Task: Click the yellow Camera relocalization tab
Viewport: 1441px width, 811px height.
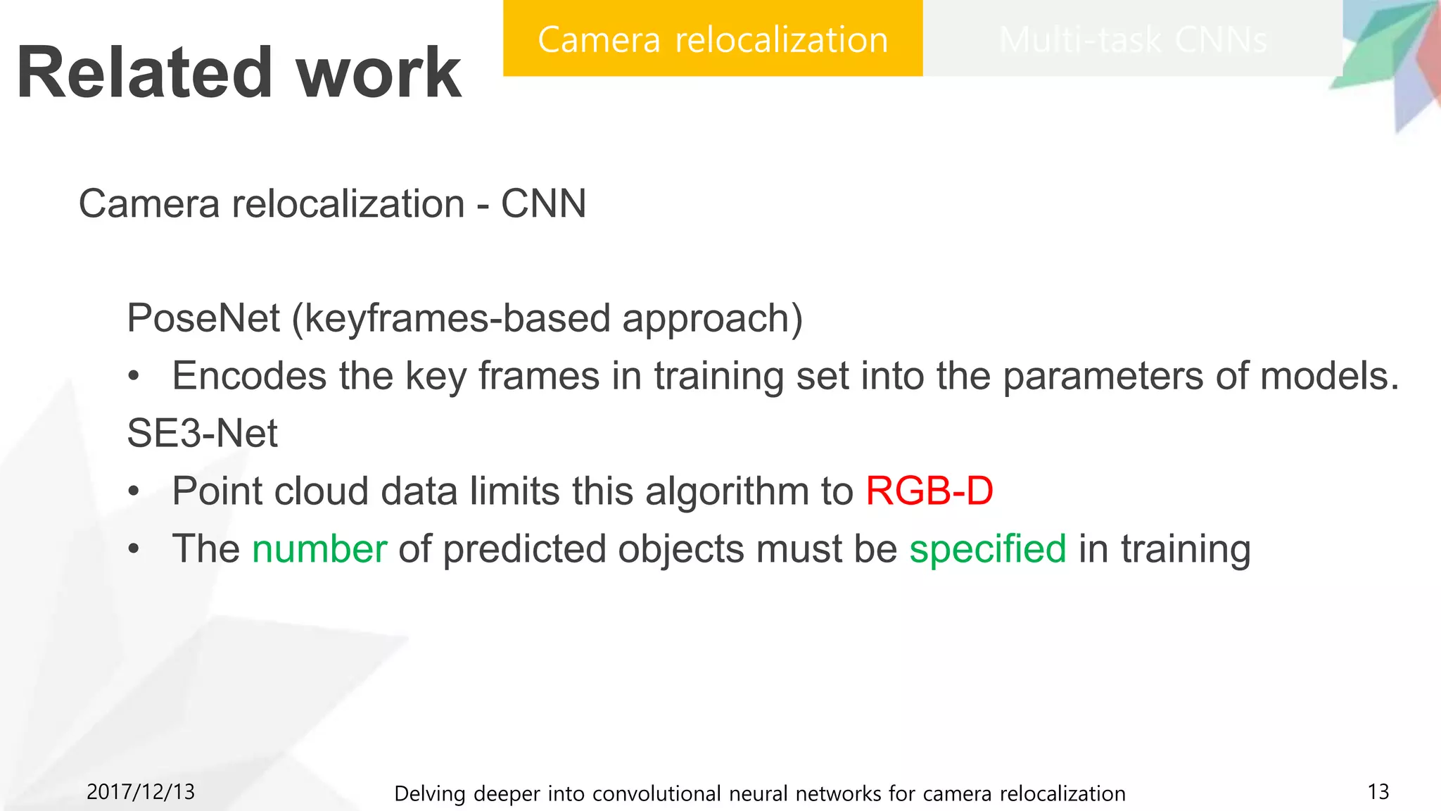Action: pos(712,39)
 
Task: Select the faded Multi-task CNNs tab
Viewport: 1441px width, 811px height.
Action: pos(1132,39)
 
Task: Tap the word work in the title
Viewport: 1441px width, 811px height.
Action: pos(379,73)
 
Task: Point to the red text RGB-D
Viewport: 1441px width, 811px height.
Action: pos(929,491)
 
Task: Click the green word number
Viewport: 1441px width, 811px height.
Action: pos(319,549)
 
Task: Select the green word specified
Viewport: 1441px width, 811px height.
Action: pos(987,549)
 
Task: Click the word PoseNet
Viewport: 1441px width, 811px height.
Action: pos(203,318)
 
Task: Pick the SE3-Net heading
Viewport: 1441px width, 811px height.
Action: pos(202,433)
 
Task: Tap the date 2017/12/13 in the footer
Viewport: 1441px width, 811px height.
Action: pos(141,792)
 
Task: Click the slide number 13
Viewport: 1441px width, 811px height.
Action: pos(1378,792)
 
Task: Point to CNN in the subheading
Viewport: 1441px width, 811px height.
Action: pos(543,204)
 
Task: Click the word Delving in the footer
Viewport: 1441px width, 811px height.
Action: pos(430,793)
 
